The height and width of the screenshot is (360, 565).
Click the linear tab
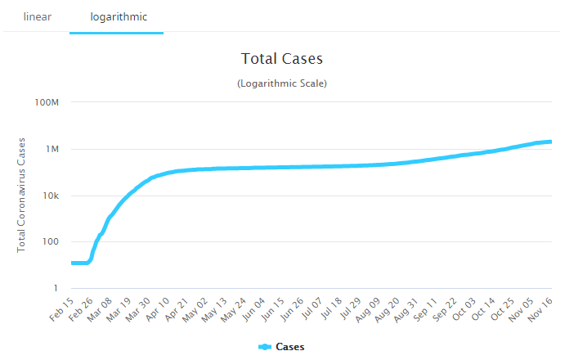coord(38,16)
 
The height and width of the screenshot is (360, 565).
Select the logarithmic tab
coord(116,16)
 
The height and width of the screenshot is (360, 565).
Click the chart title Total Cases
coord(282,59)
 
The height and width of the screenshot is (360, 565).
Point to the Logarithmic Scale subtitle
coord(282,83)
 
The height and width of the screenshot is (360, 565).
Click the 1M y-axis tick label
coord(52,149)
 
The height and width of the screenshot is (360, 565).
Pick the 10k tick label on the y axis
coord(51,196)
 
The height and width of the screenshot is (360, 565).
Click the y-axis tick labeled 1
coord(57,288)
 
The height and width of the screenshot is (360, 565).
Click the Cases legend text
coord(289,347)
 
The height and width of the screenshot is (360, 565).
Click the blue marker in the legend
coord(265,347)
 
